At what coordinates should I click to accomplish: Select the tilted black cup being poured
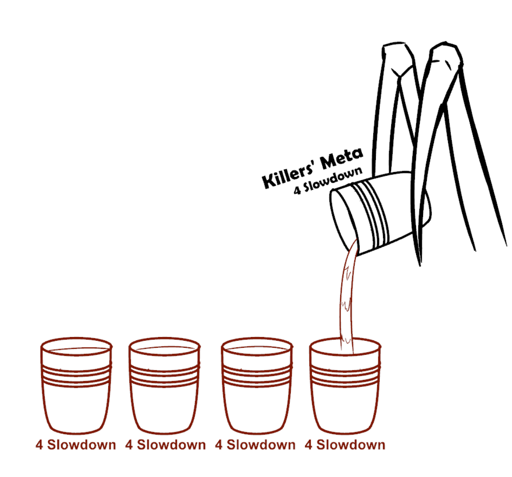click(380, 213)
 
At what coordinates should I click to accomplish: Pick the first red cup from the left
click(76, 386)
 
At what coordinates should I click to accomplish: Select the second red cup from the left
click(164, 386)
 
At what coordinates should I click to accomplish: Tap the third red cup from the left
click(257, 386)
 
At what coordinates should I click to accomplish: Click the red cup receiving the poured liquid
click(345, 386)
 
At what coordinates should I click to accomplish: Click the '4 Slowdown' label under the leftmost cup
click(76, 445)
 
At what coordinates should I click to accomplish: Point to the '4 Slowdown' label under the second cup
click(166, 445)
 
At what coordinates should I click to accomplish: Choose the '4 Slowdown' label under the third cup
click(256, 445)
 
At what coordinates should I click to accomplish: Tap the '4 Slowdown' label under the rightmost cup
click(345, 445)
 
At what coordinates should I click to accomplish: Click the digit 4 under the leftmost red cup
click(39, 445)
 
